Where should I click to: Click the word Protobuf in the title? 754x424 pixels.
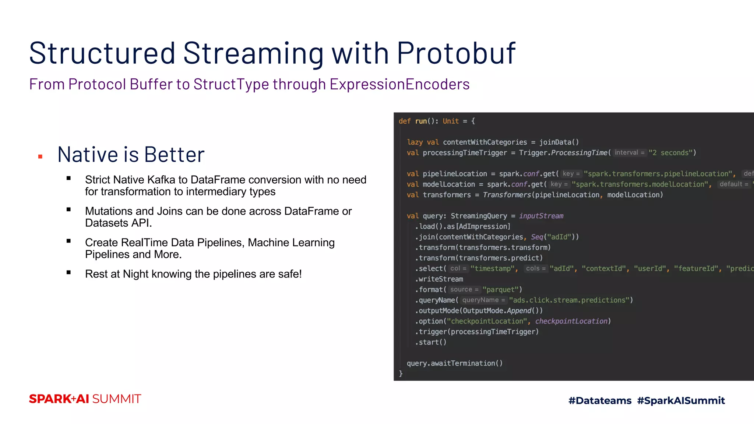456,53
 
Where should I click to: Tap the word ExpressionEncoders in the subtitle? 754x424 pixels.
399,84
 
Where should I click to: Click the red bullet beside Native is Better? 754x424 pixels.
40,157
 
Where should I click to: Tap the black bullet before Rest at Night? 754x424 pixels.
68,273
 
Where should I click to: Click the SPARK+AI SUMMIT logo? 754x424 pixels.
85,399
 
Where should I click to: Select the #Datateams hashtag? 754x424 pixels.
600,400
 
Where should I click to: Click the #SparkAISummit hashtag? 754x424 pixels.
681,400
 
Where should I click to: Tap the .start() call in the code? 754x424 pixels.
431,342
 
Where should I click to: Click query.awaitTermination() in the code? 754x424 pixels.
454,363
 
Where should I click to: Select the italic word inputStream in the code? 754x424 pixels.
541,216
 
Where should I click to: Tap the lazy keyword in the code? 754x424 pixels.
415,142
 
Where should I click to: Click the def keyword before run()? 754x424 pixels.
404,121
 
